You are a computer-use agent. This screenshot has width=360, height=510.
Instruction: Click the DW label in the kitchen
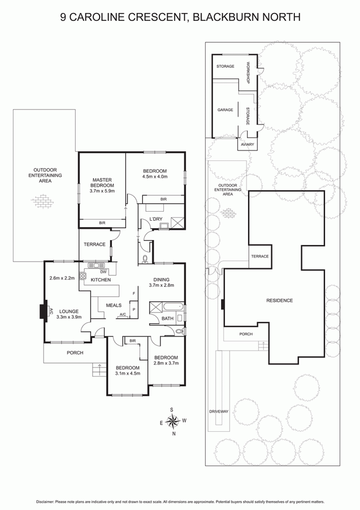(x=104, y=272)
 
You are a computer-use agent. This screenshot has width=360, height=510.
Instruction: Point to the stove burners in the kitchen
(x=83, y=276)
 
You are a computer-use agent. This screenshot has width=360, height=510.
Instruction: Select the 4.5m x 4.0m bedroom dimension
(x=155, y=177)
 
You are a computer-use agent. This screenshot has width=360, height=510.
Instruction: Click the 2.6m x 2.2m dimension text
(x=62, y=278)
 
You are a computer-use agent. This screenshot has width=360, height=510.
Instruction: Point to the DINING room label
(x=161, y=279)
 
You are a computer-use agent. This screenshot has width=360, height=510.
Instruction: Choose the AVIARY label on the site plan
(x=247, y=144)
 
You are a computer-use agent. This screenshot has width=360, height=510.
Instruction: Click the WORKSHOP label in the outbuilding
(x=248, y=73)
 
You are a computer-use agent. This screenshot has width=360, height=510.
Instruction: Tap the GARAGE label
(x=226, y=110)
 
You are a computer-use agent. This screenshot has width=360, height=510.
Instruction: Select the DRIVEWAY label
(x=219, y=411)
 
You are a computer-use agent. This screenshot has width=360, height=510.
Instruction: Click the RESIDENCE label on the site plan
(x=280, y=300)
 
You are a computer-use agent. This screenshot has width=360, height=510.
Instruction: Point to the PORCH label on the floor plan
(x=75, y=353)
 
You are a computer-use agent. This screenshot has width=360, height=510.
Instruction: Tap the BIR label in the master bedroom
(x=102, y=223)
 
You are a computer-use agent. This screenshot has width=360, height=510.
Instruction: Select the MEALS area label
(x=114, y=305)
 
